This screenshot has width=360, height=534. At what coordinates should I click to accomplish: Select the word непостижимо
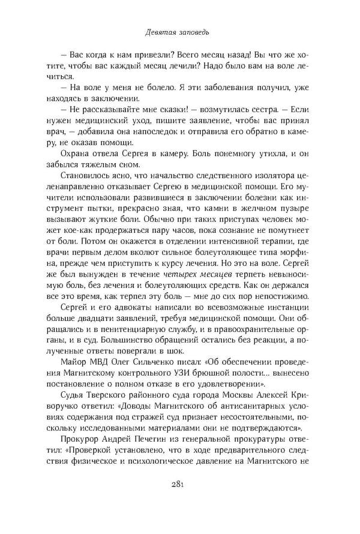278,294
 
